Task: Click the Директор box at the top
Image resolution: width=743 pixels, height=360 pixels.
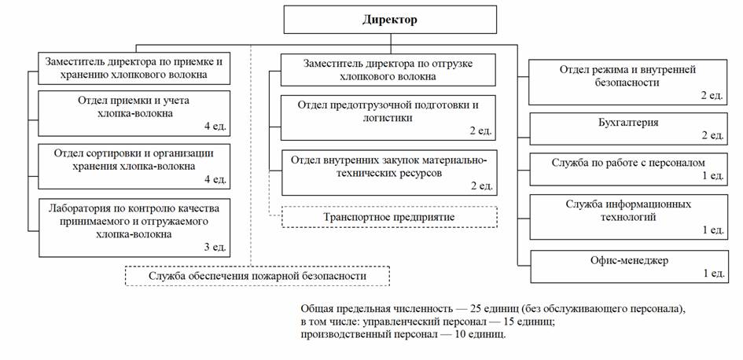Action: [389, 20]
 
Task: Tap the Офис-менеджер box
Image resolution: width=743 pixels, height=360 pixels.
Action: [627, 266]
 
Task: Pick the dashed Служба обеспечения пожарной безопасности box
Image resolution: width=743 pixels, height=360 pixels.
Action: [258, 277]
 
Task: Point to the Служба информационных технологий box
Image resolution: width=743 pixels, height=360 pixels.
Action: [627, 216]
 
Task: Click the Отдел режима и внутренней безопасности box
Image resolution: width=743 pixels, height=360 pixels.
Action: [627, 82]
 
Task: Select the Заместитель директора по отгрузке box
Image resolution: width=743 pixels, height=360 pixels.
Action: [388, 69]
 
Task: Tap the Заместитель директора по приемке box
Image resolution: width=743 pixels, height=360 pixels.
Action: [134, 68]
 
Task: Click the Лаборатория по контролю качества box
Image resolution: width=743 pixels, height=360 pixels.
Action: [134, 227]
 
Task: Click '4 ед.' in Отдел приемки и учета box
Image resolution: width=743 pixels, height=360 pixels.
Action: [214, 127]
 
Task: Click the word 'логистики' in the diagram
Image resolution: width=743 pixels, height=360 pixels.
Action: [388, 117]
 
